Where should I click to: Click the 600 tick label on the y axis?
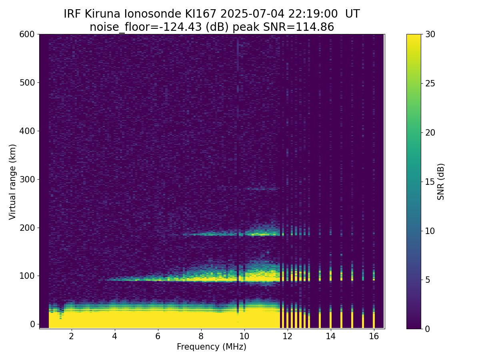tap(27, 34)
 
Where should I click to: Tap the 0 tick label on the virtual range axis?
tap(32, 324)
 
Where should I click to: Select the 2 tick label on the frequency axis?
tap(71, 336)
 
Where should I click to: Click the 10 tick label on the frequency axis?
tap(244, 336)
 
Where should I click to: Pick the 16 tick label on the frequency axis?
tap(374, 336)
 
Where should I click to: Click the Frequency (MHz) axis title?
tap(212, 347)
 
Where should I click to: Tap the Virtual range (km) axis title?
tap(12, 182)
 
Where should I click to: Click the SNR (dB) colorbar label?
tap(440, 182)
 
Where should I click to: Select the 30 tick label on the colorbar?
tap(430, 34)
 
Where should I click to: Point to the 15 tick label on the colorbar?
tap(430, 182)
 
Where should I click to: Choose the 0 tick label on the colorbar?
tap(428, 329)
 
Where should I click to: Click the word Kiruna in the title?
tap(102, 14)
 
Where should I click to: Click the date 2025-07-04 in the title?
tap(252, 14)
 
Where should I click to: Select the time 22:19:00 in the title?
tap(313, 14)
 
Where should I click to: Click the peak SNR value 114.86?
tap(315, 27)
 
